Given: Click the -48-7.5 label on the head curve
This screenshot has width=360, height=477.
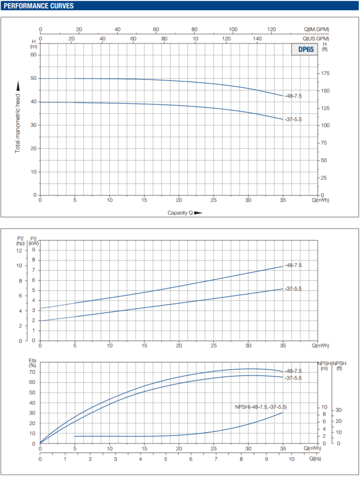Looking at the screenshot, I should coord(292,96).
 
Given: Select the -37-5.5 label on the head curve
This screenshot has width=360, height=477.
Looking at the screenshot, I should coord(292,119).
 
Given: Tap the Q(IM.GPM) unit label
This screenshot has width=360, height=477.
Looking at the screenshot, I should coord(316,29).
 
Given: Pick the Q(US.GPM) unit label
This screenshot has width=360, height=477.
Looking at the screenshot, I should coord(316,38).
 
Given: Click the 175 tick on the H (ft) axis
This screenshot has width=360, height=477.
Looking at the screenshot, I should coord(325,74).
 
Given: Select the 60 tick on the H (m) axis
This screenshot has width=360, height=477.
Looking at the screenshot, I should coord(33,55).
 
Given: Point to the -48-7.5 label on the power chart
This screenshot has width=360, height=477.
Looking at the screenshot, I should coord(292,266).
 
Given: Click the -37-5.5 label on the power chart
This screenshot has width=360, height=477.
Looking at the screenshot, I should coord(292,288).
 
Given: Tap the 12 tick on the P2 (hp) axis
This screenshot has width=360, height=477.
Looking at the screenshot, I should coord(19,250).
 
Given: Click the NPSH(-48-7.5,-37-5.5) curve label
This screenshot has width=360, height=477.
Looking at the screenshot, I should coord(261,407).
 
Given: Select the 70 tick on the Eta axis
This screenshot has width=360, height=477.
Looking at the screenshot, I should coord(33,372).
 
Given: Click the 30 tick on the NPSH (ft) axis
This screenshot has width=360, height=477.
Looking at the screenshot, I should coord(338,410).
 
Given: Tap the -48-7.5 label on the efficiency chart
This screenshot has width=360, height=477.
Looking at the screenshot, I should coord(292,371).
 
